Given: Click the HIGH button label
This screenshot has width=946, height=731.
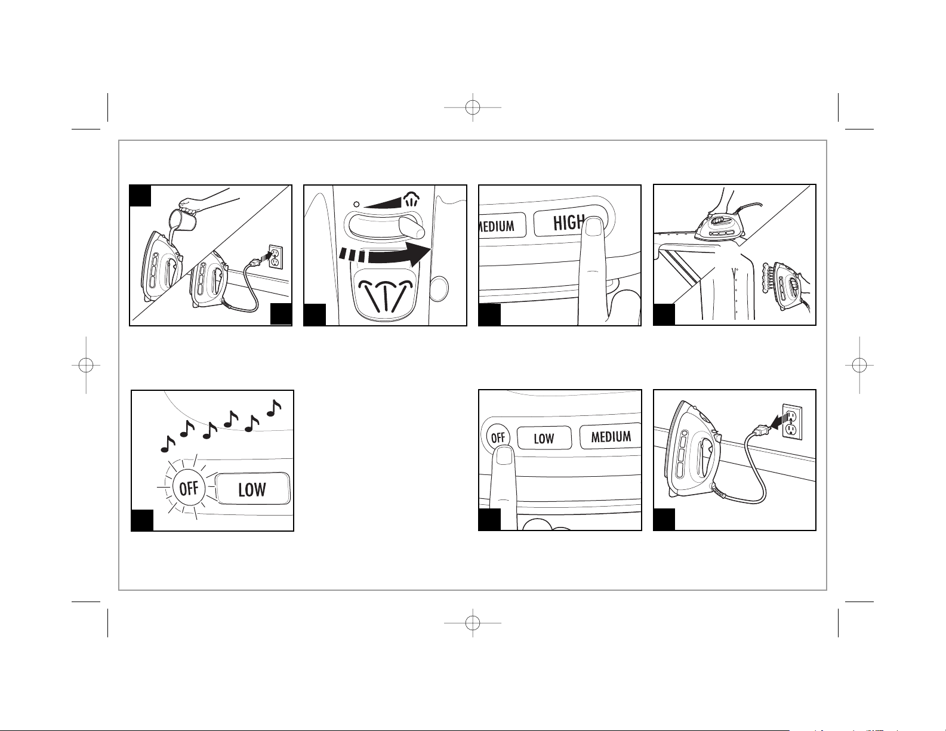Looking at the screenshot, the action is (x=567, y=223).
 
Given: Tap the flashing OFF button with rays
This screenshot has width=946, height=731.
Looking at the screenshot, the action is (x=189, y=489).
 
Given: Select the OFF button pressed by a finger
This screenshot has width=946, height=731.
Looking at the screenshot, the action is (x=498, y=437).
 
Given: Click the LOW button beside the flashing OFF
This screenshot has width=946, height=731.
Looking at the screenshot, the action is (x=252, y=489).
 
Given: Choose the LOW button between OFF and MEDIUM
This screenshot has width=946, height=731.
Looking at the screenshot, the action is (x=544, y=438).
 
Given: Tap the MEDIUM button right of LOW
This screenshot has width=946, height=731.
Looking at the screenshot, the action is (x=611, y=437).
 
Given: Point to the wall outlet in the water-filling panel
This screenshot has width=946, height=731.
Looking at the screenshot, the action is (x=275, y=257).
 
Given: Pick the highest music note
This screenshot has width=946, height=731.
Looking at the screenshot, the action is (x=274, y=408).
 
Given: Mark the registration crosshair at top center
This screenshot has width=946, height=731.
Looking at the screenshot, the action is (x=473, y=107).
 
